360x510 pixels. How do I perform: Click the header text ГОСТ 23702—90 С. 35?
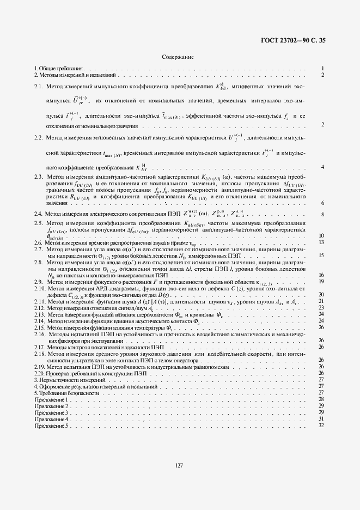[x=297, y=40]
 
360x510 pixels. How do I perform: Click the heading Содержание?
[x=178, y=57]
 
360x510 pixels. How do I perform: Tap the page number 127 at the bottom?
[x=178, y=465]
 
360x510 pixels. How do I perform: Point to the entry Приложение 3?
[x=51, y=413]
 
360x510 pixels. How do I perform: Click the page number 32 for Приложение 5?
[x=321, y=426]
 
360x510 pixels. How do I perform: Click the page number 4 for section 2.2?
[x=323, y=167]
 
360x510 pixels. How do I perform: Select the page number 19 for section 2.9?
[x=321, y=281]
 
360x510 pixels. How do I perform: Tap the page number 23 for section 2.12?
[x=321, y=308]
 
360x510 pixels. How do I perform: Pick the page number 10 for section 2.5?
[x=321, y=235]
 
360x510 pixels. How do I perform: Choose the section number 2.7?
[x=39, y=248]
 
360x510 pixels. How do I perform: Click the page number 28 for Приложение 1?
[x=321, y=399]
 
